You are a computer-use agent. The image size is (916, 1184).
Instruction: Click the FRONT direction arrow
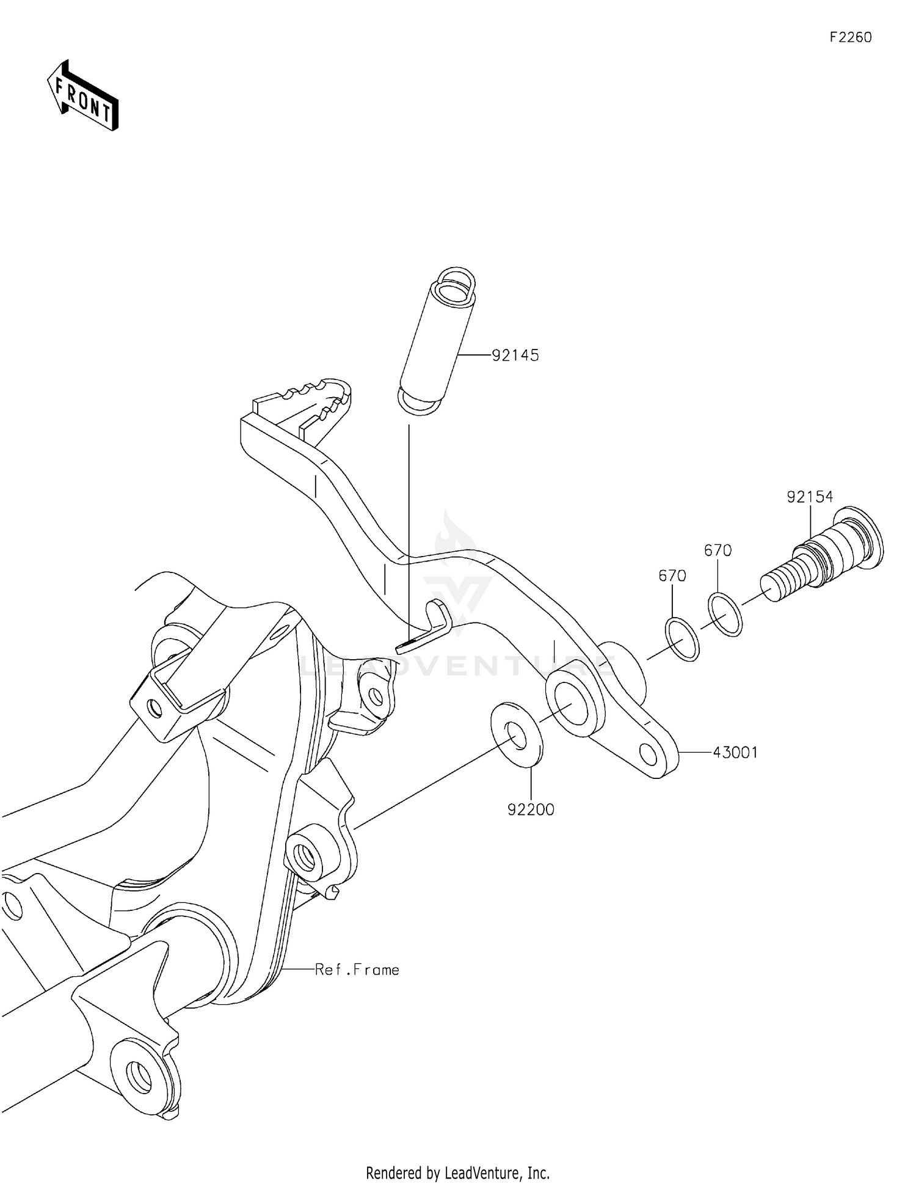pyautogui.click(x=82, y=96)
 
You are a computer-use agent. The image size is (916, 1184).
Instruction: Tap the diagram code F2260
pyautogui.click(x=850, y=37)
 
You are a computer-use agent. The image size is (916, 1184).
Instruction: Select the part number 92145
pyautogui.click(x=515, y=356)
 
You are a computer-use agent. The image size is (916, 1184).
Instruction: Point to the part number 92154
pyautogui.click(x=810, y=497)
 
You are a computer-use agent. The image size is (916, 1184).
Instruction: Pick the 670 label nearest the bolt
pyautogui.click(x=718, y=550)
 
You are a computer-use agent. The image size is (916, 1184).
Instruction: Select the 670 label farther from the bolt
pyautogui.click(x=672, y=576)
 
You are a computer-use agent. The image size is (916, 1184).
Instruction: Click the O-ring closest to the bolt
pyautogui.click(x=725, y=614)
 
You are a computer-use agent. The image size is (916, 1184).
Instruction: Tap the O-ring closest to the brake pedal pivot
pyautogui.click(x=681, y=639)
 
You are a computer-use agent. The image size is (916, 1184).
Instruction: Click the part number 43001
pyautogui.click(x=735, y=753)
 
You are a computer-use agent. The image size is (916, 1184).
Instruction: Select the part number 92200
pyautogui.click(x=531, y=809)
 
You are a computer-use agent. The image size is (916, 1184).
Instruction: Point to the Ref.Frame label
pyautogui.click(x=357, y=970)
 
